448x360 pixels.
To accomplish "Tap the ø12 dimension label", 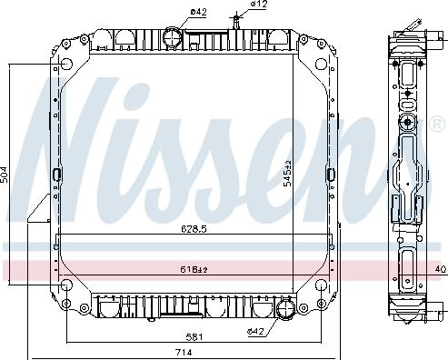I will (x=260, y=5).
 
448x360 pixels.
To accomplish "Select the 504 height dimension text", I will (x=5, y=175).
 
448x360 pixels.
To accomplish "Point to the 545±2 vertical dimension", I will (x=287, y=173).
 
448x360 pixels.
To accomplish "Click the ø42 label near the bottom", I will (x=256, y=331).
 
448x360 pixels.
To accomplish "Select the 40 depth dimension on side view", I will (x=441, y=269).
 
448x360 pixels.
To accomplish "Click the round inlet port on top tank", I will (x=171, y=37).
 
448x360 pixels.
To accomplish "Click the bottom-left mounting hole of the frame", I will (x=66, y=289).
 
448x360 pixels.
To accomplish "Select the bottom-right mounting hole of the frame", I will (x=323, y=289).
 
